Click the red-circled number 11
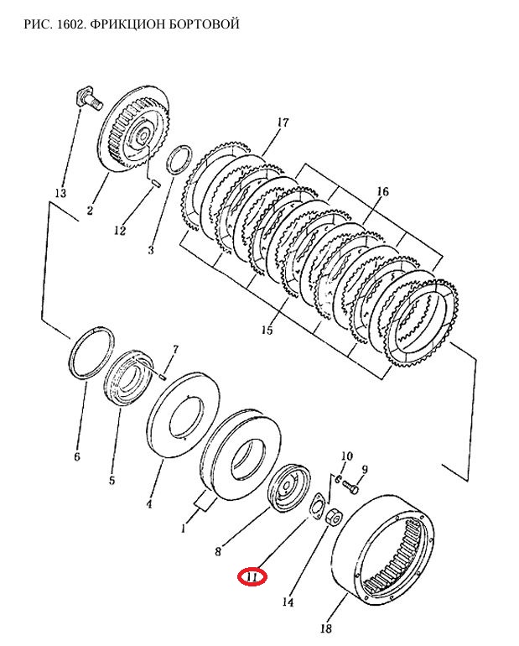(x=252, y=577)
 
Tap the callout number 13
(x=60, y=193)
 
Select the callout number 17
(x=283, y=122)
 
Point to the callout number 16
(x=382, y=191)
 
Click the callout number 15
(x=267, y=330)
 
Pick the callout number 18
(x=325, y=628)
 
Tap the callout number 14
(x=288, y=602)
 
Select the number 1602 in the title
(x=71, y=23)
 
